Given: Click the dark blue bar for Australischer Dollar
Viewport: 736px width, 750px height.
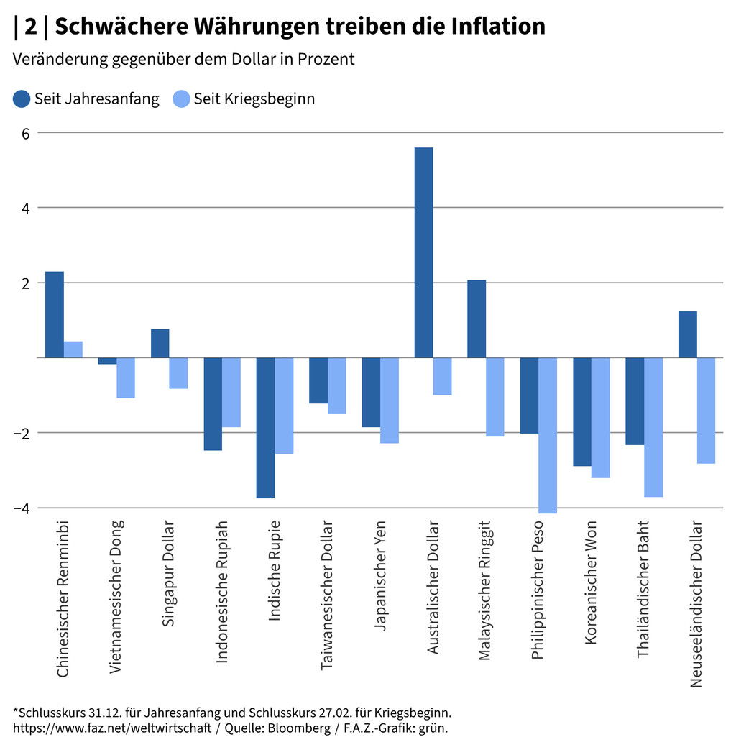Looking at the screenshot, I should click(x=423, y=252).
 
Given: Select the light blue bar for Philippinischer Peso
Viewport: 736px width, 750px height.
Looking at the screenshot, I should click(x=548, y=435).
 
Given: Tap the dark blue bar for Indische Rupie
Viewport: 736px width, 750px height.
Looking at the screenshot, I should click(x=265, y=428).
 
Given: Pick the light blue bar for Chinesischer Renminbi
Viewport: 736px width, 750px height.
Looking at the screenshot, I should click(x=73, y=349).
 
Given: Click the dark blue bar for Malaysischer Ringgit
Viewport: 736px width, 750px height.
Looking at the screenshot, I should click(x=477, y=319).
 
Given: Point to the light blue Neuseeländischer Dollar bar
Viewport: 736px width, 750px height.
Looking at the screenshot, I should click(x=706, y=411).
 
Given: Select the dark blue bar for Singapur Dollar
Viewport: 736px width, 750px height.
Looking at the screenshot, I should click(x=160, y=343).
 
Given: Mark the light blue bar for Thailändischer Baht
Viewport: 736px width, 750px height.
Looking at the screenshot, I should click(x=653, y=427).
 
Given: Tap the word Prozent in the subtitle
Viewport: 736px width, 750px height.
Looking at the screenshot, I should click(x=326, y=59).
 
